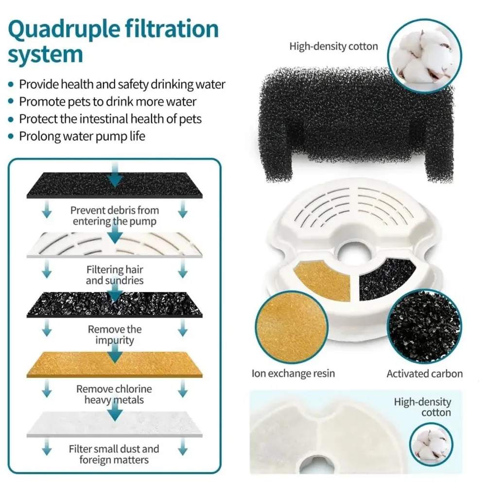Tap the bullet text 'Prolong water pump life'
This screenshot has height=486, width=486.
(x=82, y=136)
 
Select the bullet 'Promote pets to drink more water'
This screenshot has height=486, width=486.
(x=107, y=102)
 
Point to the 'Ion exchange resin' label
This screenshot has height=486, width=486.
(x=293, y=373)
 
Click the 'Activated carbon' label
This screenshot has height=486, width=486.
(x=424, y=373)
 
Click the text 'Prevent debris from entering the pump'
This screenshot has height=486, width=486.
(x=115, y=216)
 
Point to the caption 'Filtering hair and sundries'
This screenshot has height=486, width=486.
(x=115, y=275)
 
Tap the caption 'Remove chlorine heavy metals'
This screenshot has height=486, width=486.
(x=114, y=394)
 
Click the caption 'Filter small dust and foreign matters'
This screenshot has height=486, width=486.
(x=114, y=454)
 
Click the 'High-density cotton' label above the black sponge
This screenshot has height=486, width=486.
(x=333, y=47)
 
